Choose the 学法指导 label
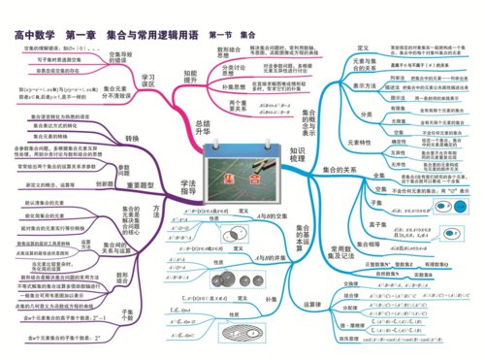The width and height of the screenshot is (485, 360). tap(190, 171)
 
